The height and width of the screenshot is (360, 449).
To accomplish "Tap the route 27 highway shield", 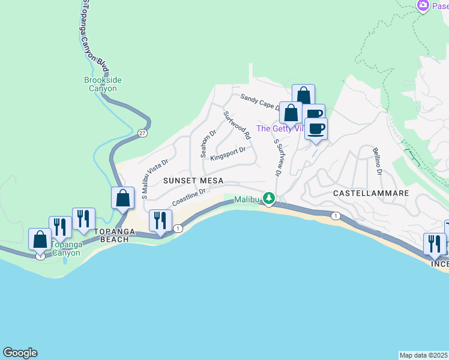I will coord(142,133).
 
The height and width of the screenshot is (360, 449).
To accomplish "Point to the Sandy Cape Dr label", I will coord(261,101).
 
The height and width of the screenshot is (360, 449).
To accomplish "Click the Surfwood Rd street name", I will coord(237,126).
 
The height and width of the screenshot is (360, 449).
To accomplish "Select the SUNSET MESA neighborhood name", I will coord(193,181).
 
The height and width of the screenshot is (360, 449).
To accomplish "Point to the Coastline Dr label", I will coord(189,196).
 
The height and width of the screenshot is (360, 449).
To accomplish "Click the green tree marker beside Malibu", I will coord(270,199).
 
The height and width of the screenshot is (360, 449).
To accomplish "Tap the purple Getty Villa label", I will coord(280,128).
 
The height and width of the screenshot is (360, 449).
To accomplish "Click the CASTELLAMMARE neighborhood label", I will coord(371,193).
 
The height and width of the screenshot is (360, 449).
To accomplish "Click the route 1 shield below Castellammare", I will coord(335,216).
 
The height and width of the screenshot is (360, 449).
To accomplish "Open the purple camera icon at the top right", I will coord(424,5).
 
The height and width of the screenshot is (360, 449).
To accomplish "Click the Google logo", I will coord(20,353).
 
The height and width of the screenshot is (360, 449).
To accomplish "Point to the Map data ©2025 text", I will coord(424,355).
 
